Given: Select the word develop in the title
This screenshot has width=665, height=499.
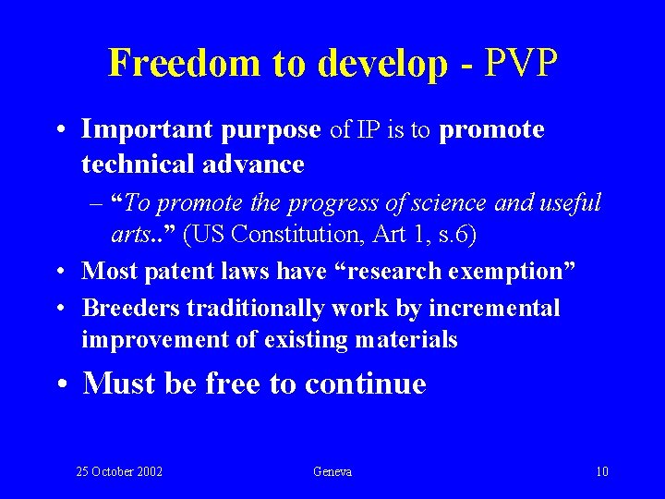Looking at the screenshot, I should point(381,63).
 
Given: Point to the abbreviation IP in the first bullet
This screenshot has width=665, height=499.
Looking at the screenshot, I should point(369,130).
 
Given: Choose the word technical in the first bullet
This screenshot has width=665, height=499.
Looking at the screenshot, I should point(134,164).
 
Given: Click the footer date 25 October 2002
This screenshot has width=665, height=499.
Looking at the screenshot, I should point(119,472).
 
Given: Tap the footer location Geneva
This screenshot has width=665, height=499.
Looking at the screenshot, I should point(332,472).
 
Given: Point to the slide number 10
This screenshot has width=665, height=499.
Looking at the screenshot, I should point(602,472).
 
